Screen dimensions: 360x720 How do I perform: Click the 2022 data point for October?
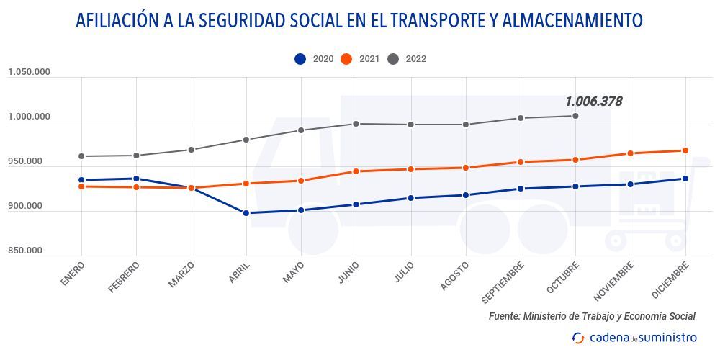(575, 116)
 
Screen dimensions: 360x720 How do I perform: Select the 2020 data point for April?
(246, 213)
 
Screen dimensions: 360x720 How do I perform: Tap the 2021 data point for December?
(685, 150)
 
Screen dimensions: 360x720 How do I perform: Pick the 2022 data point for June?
(356, 124)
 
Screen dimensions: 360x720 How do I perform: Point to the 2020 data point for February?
(136, 179)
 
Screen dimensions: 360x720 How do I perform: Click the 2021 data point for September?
(521, 162)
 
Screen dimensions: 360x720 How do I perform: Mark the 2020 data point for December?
(685, 179)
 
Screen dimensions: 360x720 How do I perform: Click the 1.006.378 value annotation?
(593, 102)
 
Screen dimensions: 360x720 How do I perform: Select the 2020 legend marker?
(300, 59)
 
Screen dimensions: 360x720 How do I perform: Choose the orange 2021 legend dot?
(346, 59)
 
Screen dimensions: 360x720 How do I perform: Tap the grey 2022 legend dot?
(393, 59)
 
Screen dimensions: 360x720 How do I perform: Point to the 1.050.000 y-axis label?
(29, 72)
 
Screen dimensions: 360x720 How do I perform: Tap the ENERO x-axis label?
(73, 274)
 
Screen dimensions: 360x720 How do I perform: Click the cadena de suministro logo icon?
(577, 338)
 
